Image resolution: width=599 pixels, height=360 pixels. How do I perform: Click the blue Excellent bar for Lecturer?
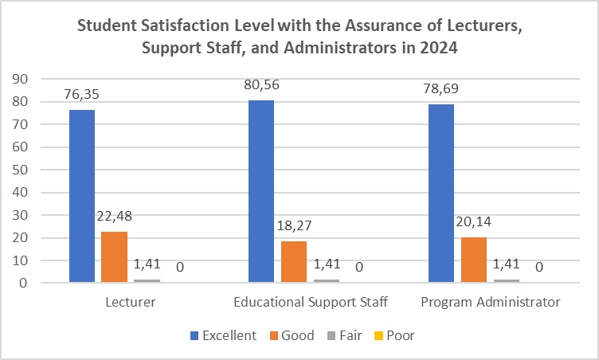[82, 196]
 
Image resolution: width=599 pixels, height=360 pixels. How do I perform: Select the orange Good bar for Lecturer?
[115, 256]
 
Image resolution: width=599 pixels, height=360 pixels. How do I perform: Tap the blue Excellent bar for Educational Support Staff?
[262, 191]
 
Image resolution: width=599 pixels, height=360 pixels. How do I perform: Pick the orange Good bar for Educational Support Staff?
[293, 261]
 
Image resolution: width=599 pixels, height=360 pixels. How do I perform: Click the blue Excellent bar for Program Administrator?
[442, 194]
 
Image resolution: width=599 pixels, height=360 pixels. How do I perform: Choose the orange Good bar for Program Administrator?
[473, 260]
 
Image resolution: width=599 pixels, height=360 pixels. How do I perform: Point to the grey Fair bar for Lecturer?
[146, 280]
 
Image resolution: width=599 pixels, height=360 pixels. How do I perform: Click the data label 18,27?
[293, 227]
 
